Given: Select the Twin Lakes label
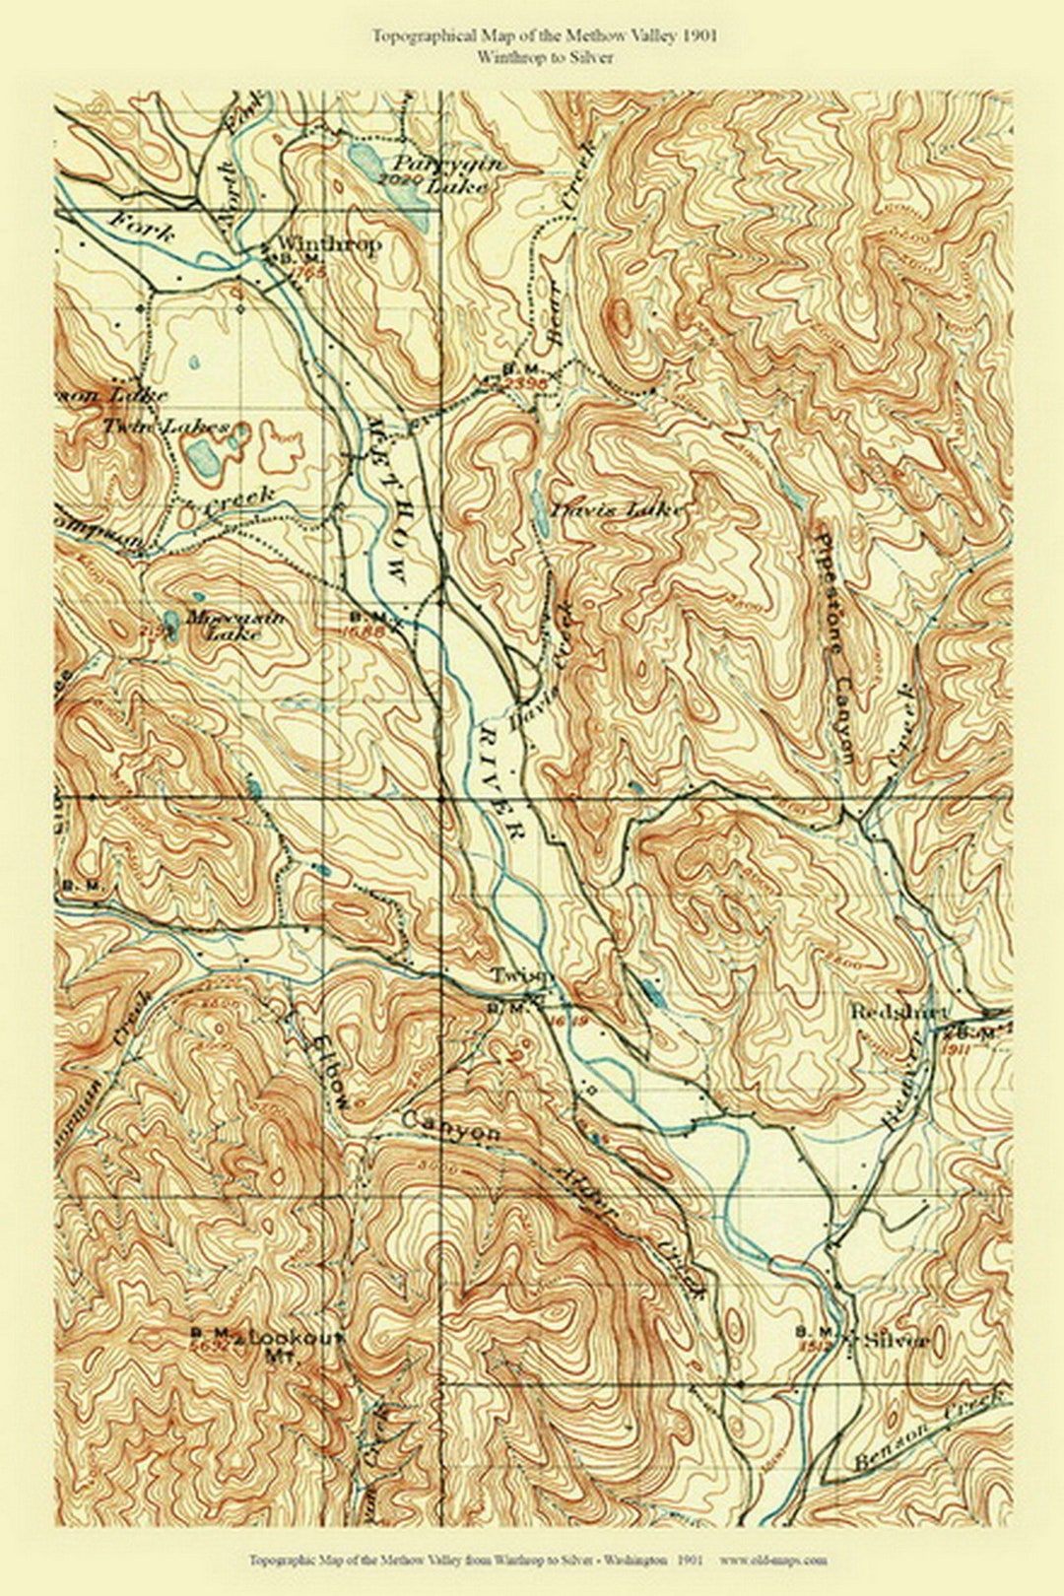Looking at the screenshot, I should (x=166, y=427).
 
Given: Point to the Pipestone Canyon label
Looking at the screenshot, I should (x=833, y=640).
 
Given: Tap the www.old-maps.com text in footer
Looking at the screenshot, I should (x=772, y=1560).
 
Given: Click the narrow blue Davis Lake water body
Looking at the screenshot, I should (x=541, y=512).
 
